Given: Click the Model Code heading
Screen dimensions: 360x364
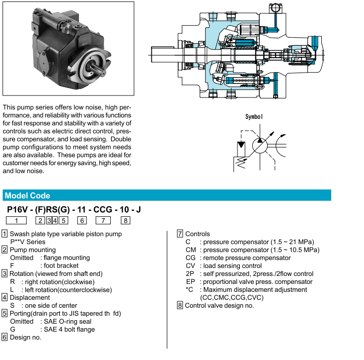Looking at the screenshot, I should tap(27, 195).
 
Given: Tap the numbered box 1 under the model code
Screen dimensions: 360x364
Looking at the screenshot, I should tap(17, 220).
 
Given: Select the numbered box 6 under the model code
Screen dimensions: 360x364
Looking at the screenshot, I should tap(82, 220).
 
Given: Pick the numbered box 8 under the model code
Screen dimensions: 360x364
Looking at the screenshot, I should tap(126, 220).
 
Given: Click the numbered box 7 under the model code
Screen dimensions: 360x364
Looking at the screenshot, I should tap(103, 220).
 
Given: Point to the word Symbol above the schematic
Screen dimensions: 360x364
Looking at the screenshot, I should tap(254, 117).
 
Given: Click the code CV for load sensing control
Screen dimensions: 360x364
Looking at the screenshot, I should tap(190, 266).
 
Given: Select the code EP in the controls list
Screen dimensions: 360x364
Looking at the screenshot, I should tap(190, 281).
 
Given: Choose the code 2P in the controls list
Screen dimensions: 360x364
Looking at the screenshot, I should tap(190, 273).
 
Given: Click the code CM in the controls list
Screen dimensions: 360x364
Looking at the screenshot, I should tap(191, 250).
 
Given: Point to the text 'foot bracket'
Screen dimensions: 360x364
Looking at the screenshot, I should tap(61, 266).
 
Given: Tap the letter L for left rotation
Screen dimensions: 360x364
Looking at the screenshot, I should tap(12, 289).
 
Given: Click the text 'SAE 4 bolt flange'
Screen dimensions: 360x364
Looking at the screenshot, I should tap(69, 329).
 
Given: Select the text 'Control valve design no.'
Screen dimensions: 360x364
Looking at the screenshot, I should tap(219, 305).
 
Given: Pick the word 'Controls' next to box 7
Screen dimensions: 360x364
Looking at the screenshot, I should tap(197, 234).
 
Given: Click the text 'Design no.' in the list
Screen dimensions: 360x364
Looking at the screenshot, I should tap(25, 337).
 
